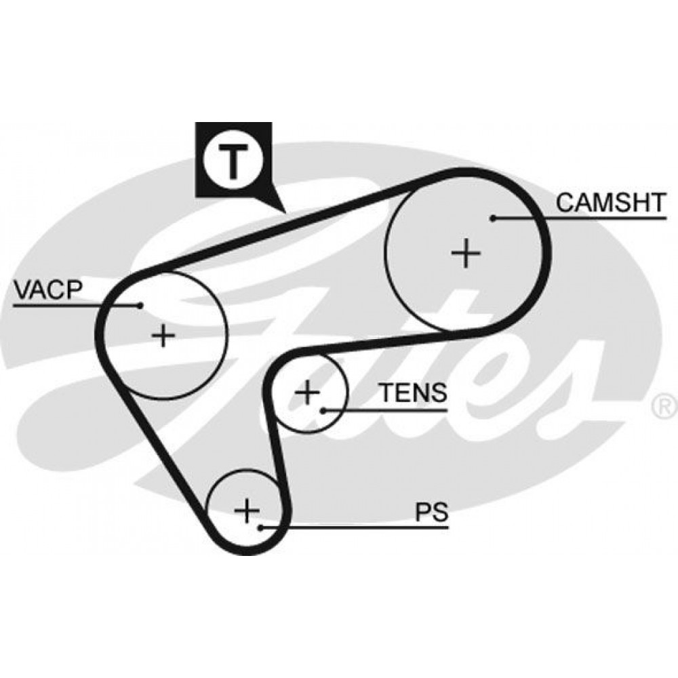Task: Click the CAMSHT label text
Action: pos(611,202)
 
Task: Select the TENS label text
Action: pos(413,393)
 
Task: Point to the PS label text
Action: pos(431,512)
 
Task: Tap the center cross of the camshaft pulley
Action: pos(466,252)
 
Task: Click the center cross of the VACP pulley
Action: pos(163,335)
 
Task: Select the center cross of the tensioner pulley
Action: pos(307,393)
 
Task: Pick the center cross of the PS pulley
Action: pos(247,511)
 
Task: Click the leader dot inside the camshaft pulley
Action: pos(492,218)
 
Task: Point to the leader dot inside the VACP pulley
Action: pos(140,306)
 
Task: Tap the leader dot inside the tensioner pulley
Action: pos(323,410)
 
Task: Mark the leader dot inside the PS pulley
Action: pos(260,527)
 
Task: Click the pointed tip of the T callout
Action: pos(286,213)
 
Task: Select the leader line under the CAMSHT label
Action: pos(580,218)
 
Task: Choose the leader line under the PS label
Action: pos(355,527)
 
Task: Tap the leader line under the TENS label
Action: pos(385,410)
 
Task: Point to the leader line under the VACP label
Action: pos(77,306)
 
